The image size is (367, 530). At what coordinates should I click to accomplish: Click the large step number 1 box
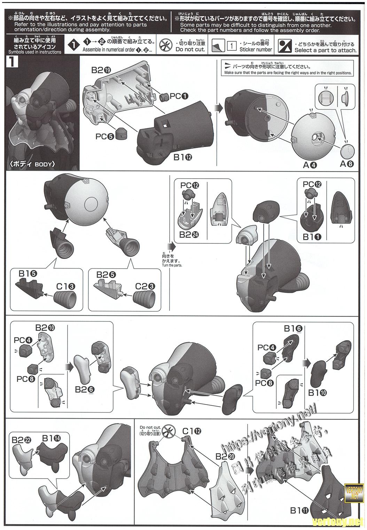coord(12,62)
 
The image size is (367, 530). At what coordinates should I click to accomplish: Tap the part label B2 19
coord(101,70)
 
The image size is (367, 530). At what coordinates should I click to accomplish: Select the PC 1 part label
coord(179,96)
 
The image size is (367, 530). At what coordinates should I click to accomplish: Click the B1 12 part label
coord(183,157)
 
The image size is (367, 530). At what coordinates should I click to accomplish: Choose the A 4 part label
coord(310,165)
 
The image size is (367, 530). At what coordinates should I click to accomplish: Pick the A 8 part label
coord(347,164)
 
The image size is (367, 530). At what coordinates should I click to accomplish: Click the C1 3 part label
coord(65,287)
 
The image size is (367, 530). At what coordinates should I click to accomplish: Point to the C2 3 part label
coord(145,287)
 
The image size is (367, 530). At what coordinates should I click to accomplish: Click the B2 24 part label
coord(189,235)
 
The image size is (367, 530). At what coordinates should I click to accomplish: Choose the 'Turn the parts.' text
coord(172,266)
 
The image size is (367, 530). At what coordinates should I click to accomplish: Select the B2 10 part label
coord(45,327)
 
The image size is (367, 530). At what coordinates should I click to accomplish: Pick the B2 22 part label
coord(21,440)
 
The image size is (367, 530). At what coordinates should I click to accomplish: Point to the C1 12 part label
coord(192,431)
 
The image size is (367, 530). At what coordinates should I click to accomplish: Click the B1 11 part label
coord(300,511)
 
